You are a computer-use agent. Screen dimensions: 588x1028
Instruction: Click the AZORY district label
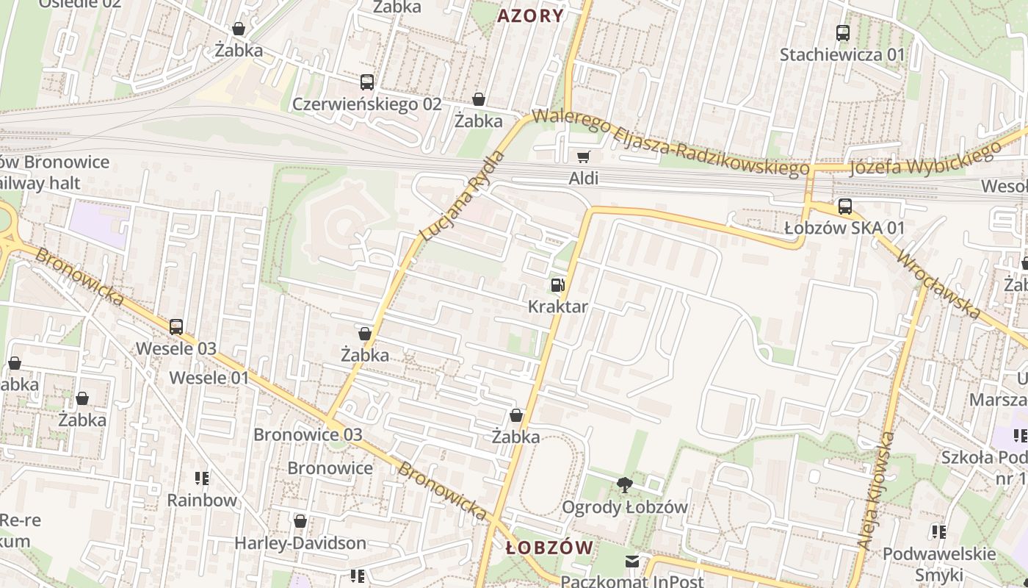point(531,15)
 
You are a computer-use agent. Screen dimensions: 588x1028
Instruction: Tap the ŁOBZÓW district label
point(549,548)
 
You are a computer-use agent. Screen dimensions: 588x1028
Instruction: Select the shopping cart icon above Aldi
point(584,156)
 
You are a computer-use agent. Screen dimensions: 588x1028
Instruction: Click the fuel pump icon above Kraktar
point(558,285)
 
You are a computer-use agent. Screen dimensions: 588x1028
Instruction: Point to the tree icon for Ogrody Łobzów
point(625,484)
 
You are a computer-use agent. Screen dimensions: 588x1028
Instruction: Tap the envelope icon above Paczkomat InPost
point(632,562)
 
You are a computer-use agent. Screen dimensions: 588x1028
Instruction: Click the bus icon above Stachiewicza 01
point(842,33)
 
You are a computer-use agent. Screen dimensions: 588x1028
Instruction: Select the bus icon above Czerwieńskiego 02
point(367,82)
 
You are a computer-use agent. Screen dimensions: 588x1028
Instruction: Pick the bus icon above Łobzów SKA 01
point(844,207)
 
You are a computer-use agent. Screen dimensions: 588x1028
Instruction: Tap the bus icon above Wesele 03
point(176,326)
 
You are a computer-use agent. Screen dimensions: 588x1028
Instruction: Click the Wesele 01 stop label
point(209,378)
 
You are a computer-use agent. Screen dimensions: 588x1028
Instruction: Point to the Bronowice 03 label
point(308,434)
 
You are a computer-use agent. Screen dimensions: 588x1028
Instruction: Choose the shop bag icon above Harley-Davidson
point(300,522)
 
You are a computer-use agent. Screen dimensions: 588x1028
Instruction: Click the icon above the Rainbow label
point(202,478)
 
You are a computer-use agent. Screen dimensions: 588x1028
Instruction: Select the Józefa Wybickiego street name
point(925,159)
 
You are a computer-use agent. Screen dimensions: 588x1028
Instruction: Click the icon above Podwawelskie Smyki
point(938,531)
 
